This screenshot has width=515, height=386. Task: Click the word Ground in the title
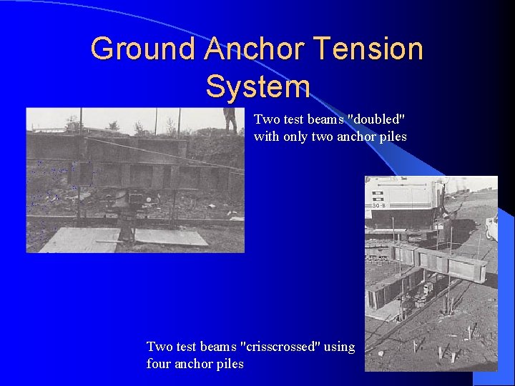pos(142,49)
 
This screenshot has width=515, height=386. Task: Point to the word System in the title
pos(257,86)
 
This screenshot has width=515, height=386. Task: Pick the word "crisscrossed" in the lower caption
pos(282,347)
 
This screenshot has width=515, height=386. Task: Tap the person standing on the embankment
pos(230,119)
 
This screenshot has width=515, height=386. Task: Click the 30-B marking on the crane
pos(380,206)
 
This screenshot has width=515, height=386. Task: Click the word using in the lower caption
pos(339,347)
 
